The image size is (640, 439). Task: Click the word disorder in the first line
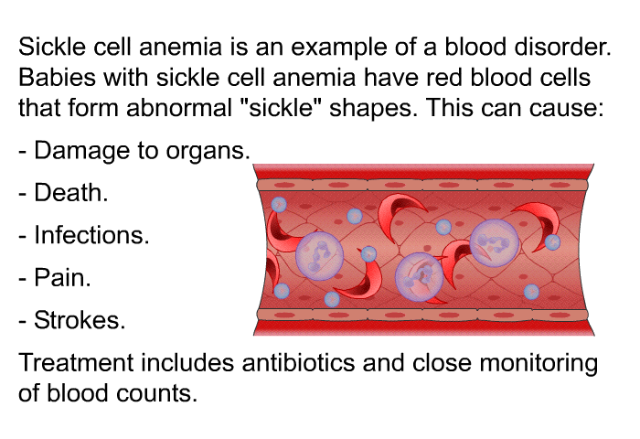(562, 47)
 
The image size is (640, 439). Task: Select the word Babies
(57, 77)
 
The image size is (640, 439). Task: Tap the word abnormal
(179, 108)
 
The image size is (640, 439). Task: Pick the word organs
(208, 152)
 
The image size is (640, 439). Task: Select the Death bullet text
(71, 192)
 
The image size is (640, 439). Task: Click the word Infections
(91, 235)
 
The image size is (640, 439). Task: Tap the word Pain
(62, 277)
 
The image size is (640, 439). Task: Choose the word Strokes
(80, 320)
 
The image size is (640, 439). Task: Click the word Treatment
(76, 362)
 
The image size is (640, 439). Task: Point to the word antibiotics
(298, 362)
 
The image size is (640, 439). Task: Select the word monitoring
(539, 364)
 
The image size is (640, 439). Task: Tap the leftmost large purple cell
(320, 256)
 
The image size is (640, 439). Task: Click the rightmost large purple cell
(495, 243)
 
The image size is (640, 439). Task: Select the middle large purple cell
(419, 277)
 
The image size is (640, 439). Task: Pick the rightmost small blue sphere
(552, 242)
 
